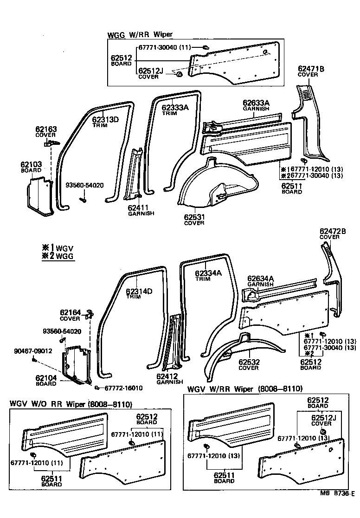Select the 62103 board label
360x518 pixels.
tap(31, 167)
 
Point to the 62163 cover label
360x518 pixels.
tap(46, 132)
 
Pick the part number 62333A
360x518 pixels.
tap(175, 107)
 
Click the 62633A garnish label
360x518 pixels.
tap(256, 105)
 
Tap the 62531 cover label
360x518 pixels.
tap(193, 219)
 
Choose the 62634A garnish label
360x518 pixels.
tap(260, 281)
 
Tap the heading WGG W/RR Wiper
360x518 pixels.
tap(140, 35)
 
